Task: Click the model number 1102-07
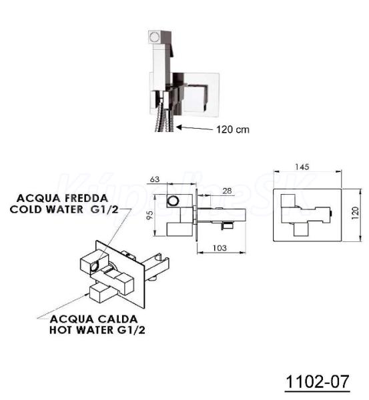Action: (317, 381)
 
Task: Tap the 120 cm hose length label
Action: (233, 129)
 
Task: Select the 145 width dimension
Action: (302, 167)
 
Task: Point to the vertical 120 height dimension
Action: (355, 213)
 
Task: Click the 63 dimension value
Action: (155, 179)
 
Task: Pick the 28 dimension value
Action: (227, 191)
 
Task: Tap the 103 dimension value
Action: (220, 248)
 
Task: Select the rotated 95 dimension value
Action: (150, 215)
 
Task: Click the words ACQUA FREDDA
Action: (62, 198)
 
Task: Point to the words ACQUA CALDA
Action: (93, 319)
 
